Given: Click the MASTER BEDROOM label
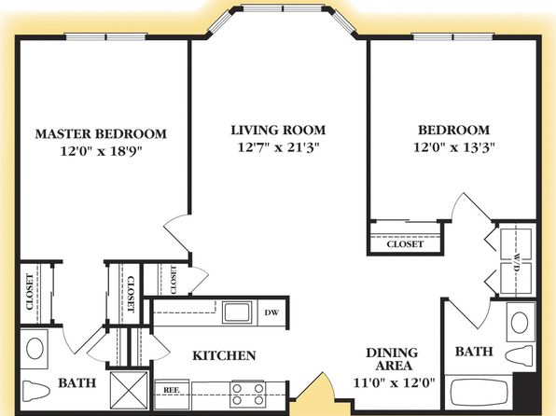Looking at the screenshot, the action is tap(101, 133).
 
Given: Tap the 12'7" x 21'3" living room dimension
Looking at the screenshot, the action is tap(278, 146).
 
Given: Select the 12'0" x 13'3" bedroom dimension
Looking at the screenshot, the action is tap(454, 146).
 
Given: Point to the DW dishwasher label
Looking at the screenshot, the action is tap(271, 312).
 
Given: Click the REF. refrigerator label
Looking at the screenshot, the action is tap(172, 390).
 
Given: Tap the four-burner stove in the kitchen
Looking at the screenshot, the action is tap(248, 395).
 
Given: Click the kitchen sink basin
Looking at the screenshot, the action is tap(237, 312).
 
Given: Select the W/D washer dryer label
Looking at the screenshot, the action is tap(516, 262).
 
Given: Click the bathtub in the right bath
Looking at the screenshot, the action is tap(480, 394).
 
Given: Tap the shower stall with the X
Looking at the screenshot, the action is tap(129, 390).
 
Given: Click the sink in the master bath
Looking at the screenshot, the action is tap(35, 348).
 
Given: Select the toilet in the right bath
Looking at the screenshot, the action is tap(520, 356).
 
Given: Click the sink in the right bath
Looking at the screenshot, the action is tap(520, 323).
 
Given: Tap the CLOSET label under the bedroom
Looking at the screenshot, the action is tap(405, 244).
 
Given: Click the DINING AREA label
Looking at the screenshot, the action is tap(392, 359).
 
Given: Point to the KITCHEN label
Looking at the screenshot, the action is tap(224, 355).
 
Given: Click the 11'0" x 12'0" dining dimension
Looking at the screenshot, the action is tap(394, 382).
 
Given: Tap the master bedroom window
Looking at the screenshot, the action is tap(106, 36).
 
